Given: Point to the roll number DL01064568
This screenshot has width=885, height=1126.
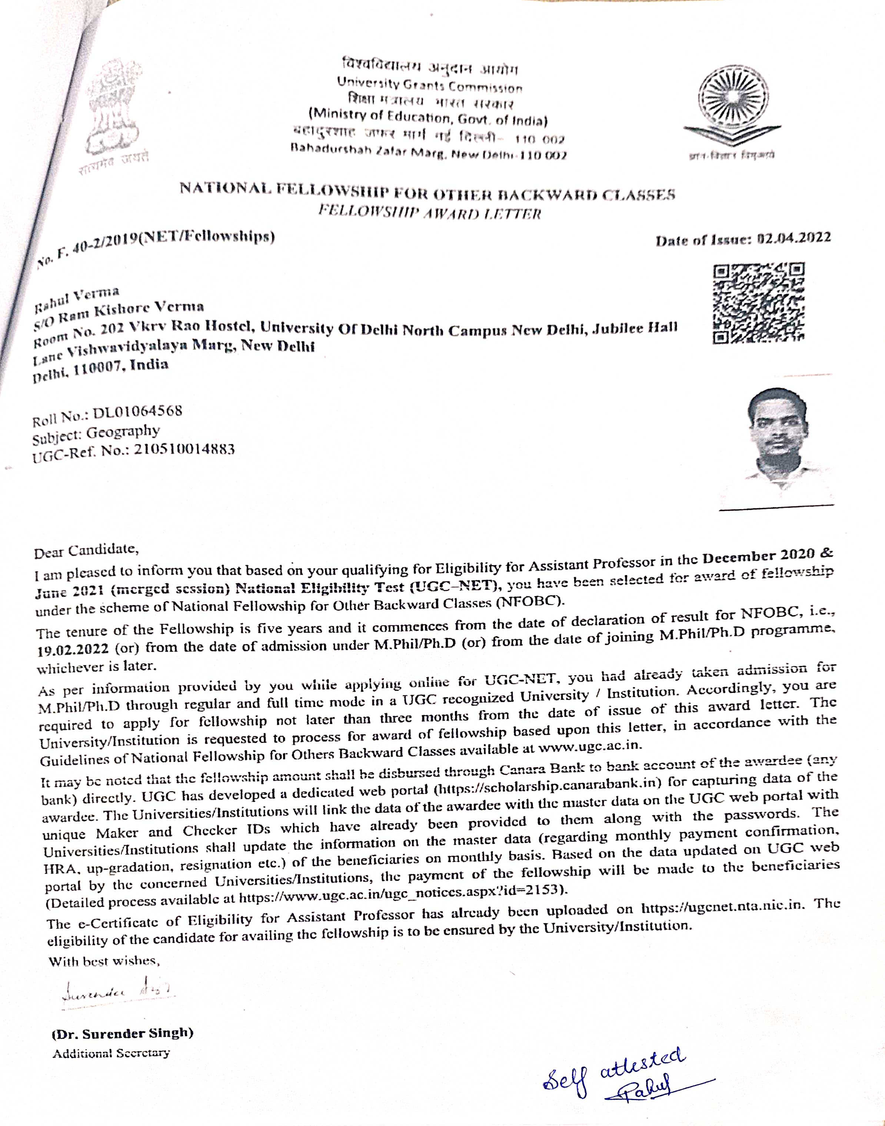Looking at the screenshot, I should click(137, 412).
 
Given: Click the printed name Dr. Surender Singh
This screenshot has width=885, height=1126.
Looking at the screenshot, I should click(123, 1033).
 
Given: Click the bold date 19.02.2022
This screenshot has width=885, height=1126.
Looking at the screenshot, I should click(73, 649).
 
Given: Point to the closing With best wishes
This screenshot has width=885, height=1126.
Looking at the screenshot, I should click(104, 961).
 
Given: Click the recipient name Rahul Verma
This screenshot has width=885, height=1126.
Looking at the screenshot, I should click(77, 299).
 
